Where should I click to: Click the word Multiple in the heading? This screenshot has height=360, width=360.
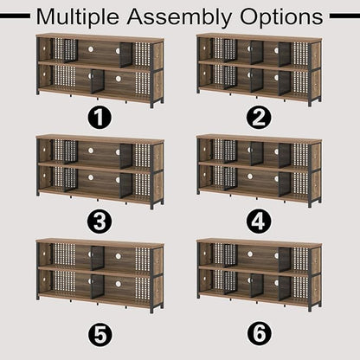[77, 17]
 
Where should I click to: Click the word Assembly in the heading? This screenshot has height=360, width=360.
[179, 17]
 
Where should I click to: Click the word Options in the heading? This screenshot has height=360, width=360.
[281, 17]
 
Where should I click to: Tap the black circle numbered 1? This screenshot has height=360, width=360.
[100, 118]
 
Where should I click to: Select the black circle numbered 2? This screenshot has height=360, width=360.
[259, 118]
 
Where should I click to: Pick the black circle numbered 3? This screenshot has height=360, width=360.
[100, 222]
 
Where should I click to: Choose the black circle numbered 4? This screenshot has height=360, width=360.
[259, 222]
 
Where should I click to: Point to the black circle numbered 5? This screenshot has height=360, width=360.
[100, 334]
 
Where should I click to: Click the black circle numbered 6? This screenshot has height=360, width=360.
[259, 334]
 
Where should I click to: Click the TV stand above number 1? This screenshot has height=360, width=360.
[100, 71]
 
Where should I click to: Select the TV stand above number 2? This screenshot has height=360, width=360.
[259, 70]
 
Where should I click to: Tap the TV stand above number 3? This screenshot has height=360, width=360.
[100, 171]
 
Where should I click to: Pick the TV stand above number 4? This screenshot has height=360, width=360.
[259, 170]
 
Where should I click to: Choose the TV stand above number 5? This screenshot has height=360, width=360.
[100, 276]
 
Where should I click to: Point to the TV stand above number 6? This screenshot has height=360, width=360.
[259, 275]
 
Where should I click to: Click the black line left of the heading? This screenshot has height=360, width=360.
[15, 16]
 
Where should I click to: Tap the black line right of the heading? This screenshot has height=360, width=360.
[344, 16]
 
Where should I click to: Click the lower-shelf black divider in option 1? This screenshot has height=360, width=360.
[98, 81]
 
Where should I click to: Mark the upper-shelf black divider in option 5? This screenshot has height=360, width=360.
[98, 258]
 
